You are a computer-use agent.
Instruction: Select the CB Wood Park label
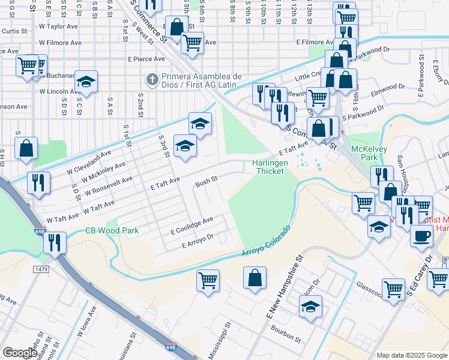(x=112, y=230)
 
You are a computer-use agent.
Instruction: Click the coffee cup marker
(x=421, y=235)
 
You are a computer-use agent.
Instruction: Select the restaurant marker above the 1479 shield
(x=55, y=243)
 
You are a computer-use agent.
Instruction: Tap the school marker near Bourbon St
(x=310, y=307)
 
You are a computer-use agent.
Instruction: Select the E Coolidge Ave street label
(x=192, y=225)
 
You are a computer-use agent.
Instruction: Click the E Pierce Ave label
(x=146, y=59)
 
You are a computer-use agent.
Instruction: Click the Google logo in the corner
(x=19, y=353)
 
